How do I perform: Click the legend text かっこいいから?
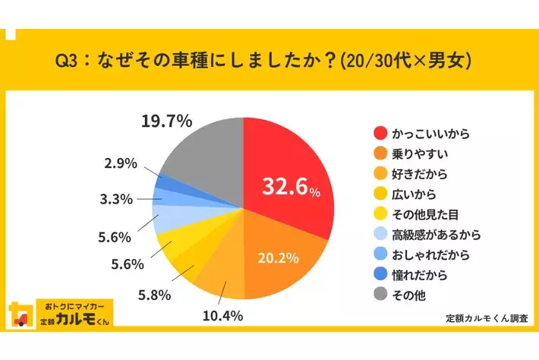click(430, 133)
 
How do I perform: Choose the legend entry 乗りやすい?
click(416, 153)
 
